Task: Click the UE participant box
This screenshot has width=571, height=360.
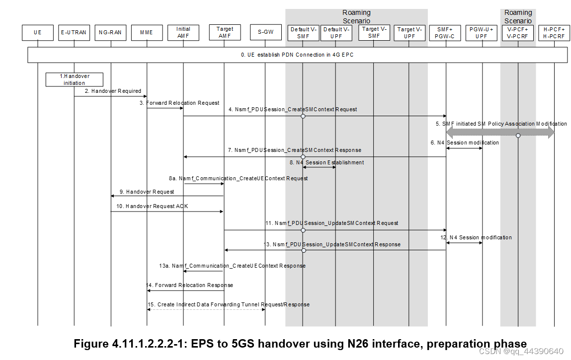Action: tap(37, 33)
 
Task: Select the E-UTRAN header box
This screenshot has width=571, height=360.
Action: tap(74, 33)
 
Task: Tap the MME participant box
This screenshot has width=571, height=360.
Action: tap(147, 33)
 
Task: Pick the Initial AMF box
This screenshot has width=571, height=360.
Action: tap(183, 33)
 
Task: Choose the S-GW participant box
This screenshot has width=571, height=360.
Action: tap(265, 33)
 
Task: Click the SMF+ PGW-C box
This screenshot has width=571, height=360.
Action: tap(446, 33)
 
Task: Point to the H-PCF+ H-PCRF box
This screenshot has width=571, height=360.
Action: tap(554, 33)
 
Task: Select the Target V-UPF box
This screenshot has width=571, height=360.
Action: tap(409, 33)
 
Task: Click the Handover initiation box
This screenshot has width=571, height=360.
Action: tap(74, 79)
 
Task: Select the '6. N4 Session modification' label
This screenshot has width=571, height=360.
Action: tap(465, 143)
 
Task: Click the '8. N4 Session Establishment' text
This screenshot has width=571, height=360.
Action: tap(326, 162)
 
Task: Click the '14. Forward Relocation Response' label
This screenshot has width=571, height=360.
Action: tap(189, 286)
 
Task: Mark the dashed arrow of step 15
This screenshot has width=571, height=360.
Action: tap(206, 309)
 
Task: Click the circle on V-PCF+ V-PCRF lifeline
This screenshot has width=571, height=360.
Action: tap(518, 136)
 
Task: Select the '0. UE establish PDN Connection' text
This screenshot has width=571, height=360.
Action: tap(297, 55)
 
